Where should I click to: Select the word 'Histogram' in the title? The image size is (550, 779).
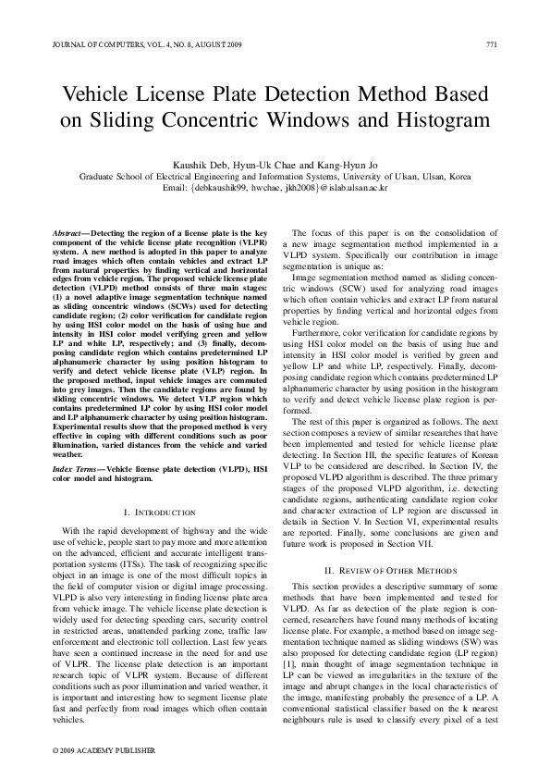[439, 120]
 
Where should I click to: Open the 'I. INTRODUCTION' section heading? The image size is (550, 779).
[158, 512]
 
